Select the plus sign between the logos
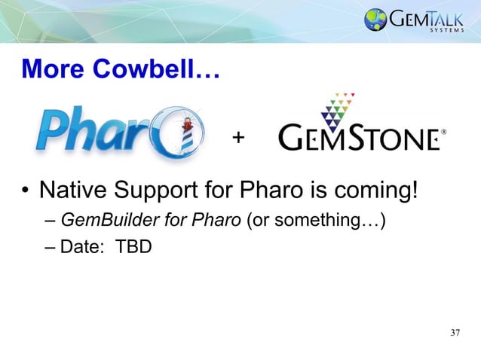(x=239, y=138)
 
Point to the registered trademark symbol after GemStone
(x=443, y=132)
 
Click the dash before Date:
(x=50, y=246)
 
